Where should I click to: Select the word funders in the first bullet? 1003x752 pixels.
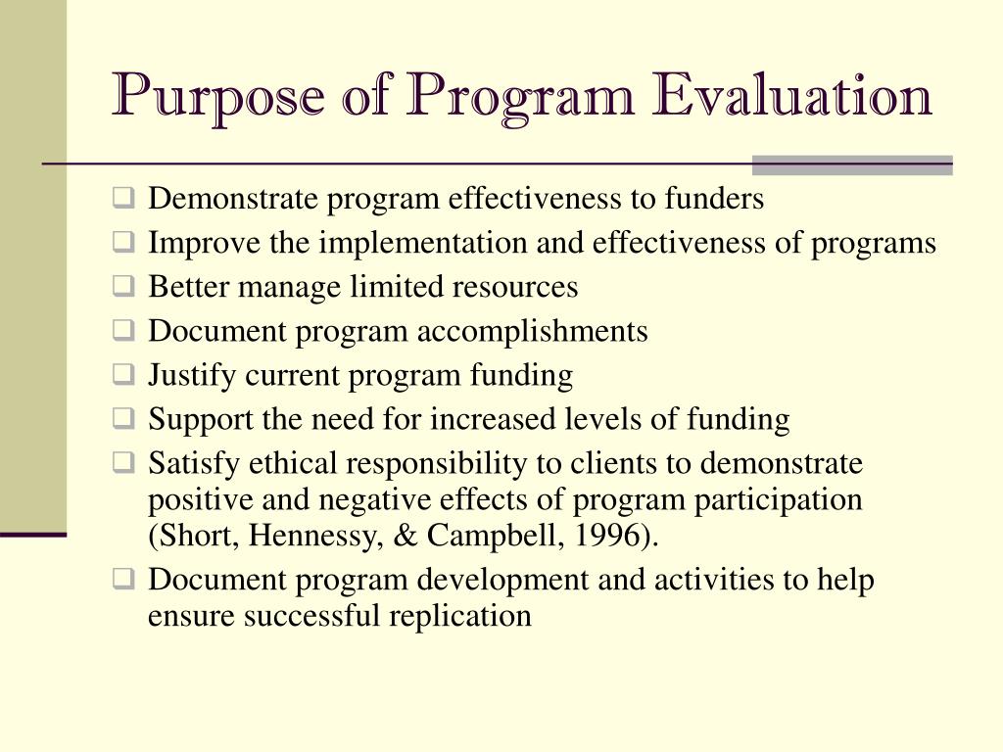pyautogui.click(x=714, y=199)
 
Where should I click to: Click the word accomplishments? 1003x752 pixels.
pyautogui.click(x=533, y=331)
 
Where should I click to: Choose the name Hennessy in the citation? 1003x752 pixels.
pyautogui.click(x=299, y=536)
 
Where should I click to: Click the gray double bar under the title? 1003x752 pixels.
pyautogui.click(x=851, y=164)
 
